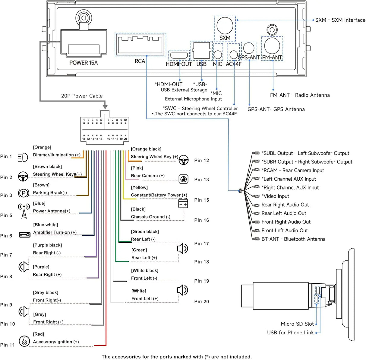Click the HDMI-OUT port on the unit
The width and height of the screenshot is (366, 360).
pos(179,55)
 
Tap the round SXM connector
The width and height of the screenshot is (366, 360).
pos(225,26)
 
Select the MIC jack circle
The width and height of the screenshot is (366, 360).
pos(218,55)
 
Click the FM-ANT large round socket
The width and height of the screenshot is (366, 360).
pos(272,46)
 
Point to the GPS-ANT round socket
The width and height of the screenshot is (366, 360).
pos(249,48)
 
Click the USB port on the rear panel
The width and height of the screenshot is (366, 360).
pos(201,51)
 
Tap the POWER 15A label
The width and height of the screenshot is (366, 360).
pos(84,63)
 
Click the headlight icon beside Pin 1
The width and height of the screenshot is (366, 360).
pos(23,157)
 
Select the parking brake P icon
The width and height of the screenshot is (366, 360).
pos(24,193)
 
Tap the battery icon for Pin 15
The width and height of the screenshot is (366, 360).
pos(183,203)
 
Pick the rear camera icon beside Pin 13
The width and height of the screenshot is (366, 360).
pos(184,179)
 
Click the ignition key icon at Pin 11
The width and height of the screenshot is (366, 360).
pos(24,341)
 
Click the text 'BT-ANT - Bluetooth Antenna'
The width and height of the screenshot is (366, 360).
pos(293,239)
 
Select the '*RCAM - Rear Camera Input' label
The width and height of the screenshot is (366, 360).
pos(293,170)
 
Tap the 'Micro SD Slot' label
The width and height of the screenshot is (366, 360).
pos(297,324)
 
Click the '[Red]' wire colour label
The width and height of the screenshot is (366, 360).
pos(39,334)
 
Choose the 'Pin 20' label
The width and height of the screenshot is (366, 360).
pos(201,301)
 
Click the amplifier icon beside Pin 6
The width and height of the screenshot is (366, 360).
pos(24,235)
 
